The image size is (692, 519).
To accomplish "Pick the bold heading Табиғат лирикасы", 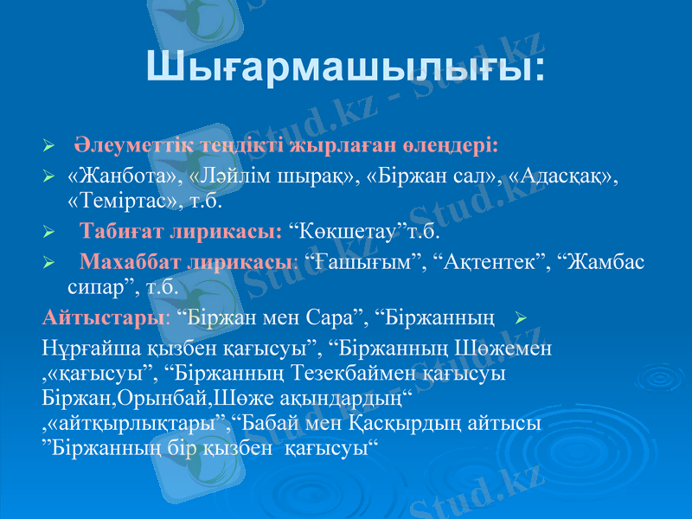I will pyautogui.click(x=181, y=232).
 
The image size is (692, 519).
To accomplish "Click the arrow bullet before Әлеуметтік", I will pyautogui.click(x=49, y=142).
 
